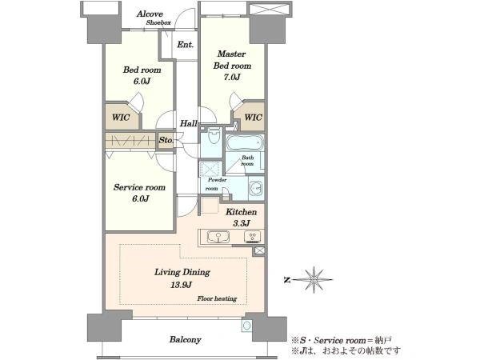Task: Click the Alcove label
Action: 150,14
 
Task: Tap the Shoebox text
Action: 158,22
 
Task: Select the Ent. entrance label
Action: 186,45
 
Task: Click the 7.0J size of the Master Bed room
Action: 232,77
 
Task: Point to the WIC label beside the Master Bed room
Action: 253,118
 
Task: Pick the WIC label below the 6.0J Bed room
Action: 121,118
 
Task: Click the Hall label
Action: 188,124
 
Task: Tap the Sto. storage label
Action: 166,140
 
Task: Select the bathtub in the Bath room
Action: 245,143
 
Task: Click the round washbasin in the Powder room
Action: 255,186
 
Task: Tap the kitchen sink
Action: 218,237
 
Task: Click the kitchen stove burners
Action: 253,237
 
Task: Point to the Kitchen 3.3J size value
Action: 242,223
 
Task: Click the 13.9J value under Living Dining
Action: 182,285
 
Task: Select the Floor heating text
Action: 217,298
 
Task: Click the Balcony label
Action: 186,339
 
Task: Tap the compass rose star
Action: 314,279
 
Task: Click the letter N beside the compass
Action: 287,280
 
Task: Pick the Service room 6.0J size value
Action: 140,199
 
